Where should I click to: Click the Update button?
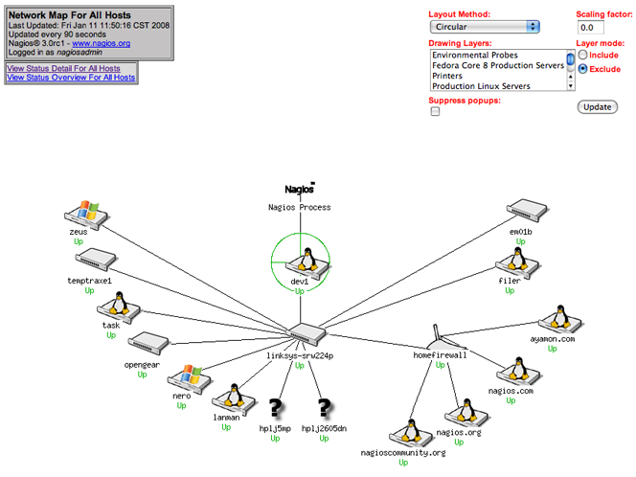tap(597, 106)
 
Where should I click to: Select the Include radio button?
tap(581, 56)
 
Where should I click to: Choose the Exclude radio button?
tap(581, 69)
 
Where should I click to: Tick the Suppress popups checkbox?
tap(436, 111)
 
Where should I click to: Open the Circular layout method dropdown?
tap(485, 27)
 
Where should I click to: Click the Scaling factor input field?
tap(597, 28)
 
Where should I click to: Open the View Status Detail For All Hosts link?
tap(63, 68)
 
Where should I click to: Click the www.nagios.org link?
tap(101, 43)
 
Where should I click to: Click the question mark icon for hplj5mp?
tap(274, 409)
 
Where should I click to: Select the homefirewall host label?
tap(440, 354)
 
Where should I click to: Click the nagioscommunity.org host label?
tap(403, 452)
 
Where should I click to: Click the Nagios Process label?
tap(299, 207)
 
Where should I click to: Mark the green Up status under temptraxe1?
tap(88, 290)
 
